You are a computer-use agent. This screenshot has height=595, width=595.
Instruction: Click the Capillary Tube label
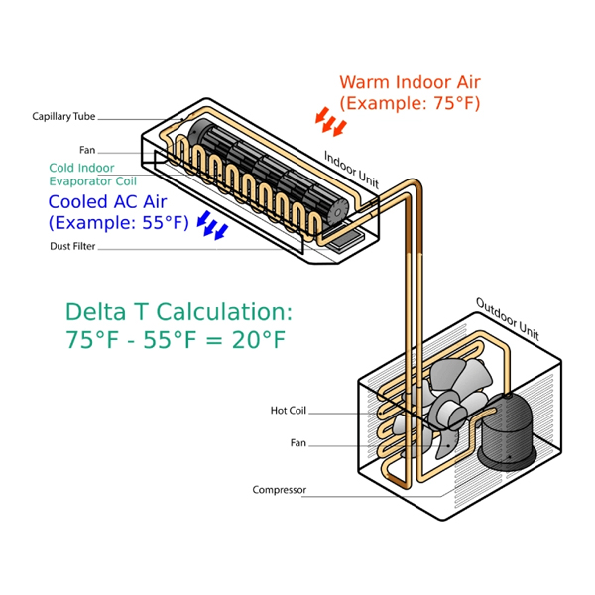click(x=63, y=117)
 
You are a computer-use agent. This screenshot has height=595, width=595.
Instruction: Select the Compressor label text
click(x=279, y=490)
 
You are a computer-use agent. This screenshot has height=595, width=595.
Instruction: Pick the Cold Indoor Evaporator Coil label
click(x=92, y=175)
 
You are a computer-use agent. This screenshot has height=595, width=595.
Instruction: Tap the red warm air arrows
click(x=331, y=123)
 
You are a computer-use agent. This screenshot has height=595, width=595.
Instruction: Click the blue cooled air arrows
click(x=211, y=225)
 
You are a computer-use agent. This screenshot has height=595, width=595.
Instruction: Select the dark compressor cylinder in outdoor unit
click(x=506, y=429)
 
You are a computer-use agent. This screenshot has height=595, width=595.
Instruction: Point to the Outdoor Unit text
click(x=507, y=315)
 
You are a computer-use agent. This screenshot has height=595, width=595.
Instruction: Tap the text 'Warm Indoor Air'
click(x=410, y=82)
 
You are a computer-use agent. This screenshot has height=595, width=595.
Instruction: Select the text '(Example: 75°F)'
click(x=410, y=103)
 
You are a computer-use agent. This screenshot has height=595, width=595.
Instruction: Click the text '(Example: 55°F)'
click(x=118, y=222)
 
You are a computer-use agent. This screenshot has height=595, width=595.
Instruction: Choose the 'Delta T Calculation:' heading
click(x=179, y=312)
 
